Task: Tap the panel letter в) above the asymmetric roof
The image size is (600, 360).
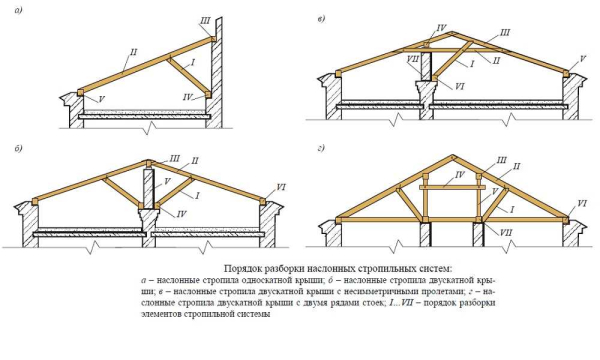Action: coord(319,18)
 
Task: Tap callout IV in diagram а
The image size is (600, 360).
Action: coord(188,96)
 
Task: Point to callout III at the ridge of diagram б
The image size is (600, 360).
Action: coord(176,158)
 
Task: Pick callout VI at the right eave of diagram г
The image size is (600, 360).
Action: coord(581,204)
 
